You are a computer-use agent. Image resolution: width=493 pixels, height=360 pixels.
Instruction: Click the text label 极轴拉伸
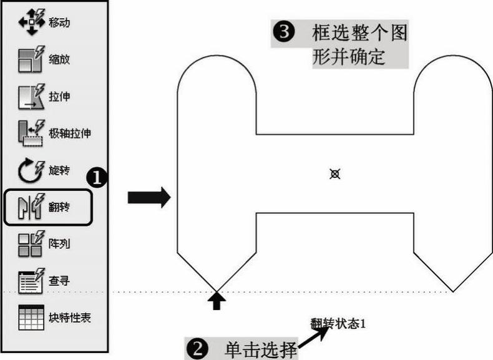(74, 132)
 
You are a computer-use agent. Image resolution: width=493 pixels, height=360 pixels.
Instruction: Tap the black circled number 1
(97, 178)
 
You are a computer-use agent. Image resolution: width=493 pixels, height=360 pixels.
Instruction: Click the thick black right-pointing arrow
(149, 198)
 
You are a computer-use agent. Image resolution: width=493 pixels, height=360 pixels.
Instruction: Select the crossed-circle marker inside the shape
(334, 174)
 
